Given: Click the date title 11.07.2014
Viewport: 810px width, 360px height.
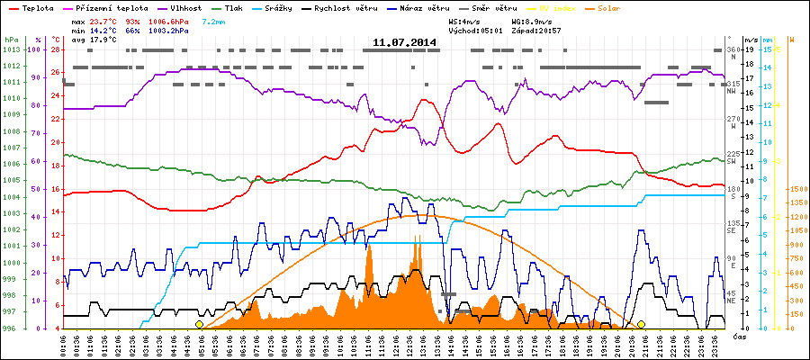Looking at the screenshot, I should (x=405, y=42).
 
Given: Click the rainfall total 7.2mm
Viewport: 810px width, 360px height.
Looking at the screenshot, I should (x=214, y=19).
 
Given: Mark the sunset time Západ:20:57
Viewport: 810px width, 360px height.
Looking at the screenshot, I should (x=536, y=29).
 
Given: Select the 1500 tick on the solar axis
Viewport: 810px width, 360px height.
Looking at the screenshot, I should (x=797, y=189).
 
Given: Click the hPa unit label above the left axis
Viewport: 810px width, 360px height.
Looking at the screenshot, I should (x=11, y=40).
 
